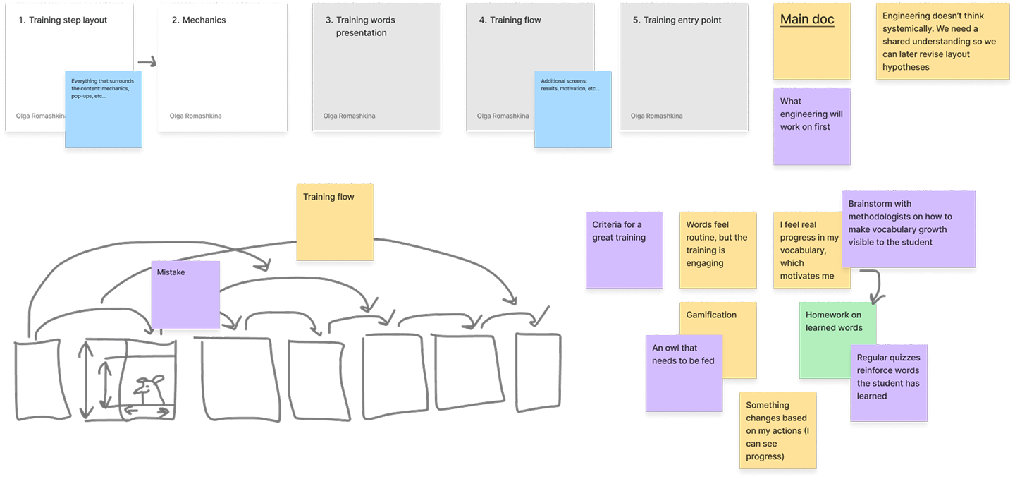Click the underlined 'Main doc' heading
click(807, 20)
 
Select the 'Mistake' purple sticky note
click(185, 295)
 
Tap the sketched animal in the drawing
click(149, 389)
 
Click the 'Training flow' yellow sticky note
click(335, 222)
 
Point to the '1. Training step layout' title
click(63, 20)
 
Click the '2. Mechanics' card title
click(199, 20)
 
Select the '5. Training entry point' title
click(677, 20)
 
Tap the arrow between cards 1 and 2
click(147, 62)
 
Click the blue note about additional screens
click(573, 109)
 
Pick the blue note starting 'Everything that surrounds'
click(104, 109)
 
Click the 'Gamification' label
click(711, 315)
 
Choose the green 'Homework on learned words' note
click(837, 340)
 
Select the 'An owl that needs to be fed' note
click(684, 373)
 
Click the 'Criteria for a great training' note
click(625, 250)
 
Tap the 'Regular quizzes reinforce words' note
click(889, 383)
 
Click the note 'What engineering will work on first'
click(812, 126)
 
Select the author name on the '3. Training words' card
click(349, 116)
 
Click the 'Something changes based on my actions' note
click(778, 430)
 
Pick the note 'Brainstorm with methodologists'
click(909, 229)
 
